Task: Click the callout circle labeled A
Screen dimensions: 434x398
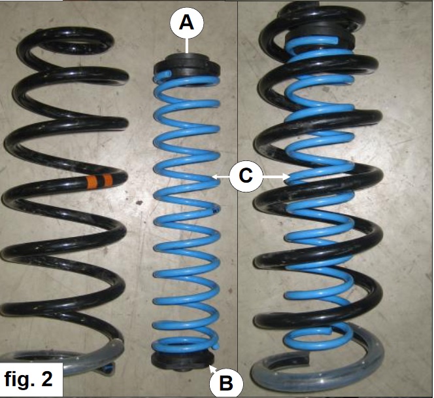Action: pyautogui.click(x=187, y=23)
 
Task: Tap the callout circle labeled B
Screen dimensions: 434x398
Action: pyautogui.click(x=226, y=384)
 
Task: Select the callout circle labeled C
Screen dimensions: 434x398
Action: pyautogui.click(x=246, y=175)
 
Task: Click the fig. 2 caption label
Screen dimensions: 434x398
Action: pyautogui.click(x=29, y=379)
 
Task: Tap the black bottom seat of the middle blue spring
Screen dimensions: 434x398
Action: pyautogui.click(x=182, y=361)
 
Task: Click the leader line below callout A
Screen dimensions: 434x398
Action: pyautogui.click(x=187, y=46)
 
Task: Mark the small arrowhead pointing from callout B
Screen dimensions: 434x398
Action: pyautogui.click(x=212, y=368)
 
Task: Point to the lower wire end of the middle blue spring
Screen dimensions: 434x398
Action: pyautogui.click(x=216, y=346)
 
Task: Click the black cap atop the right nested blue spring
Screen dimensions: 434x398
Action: pyautogui.click(x=320, y=37)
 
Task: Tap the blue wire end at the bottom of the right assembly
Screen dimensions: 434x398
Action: pyautogui.click(x=329, y=330)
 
